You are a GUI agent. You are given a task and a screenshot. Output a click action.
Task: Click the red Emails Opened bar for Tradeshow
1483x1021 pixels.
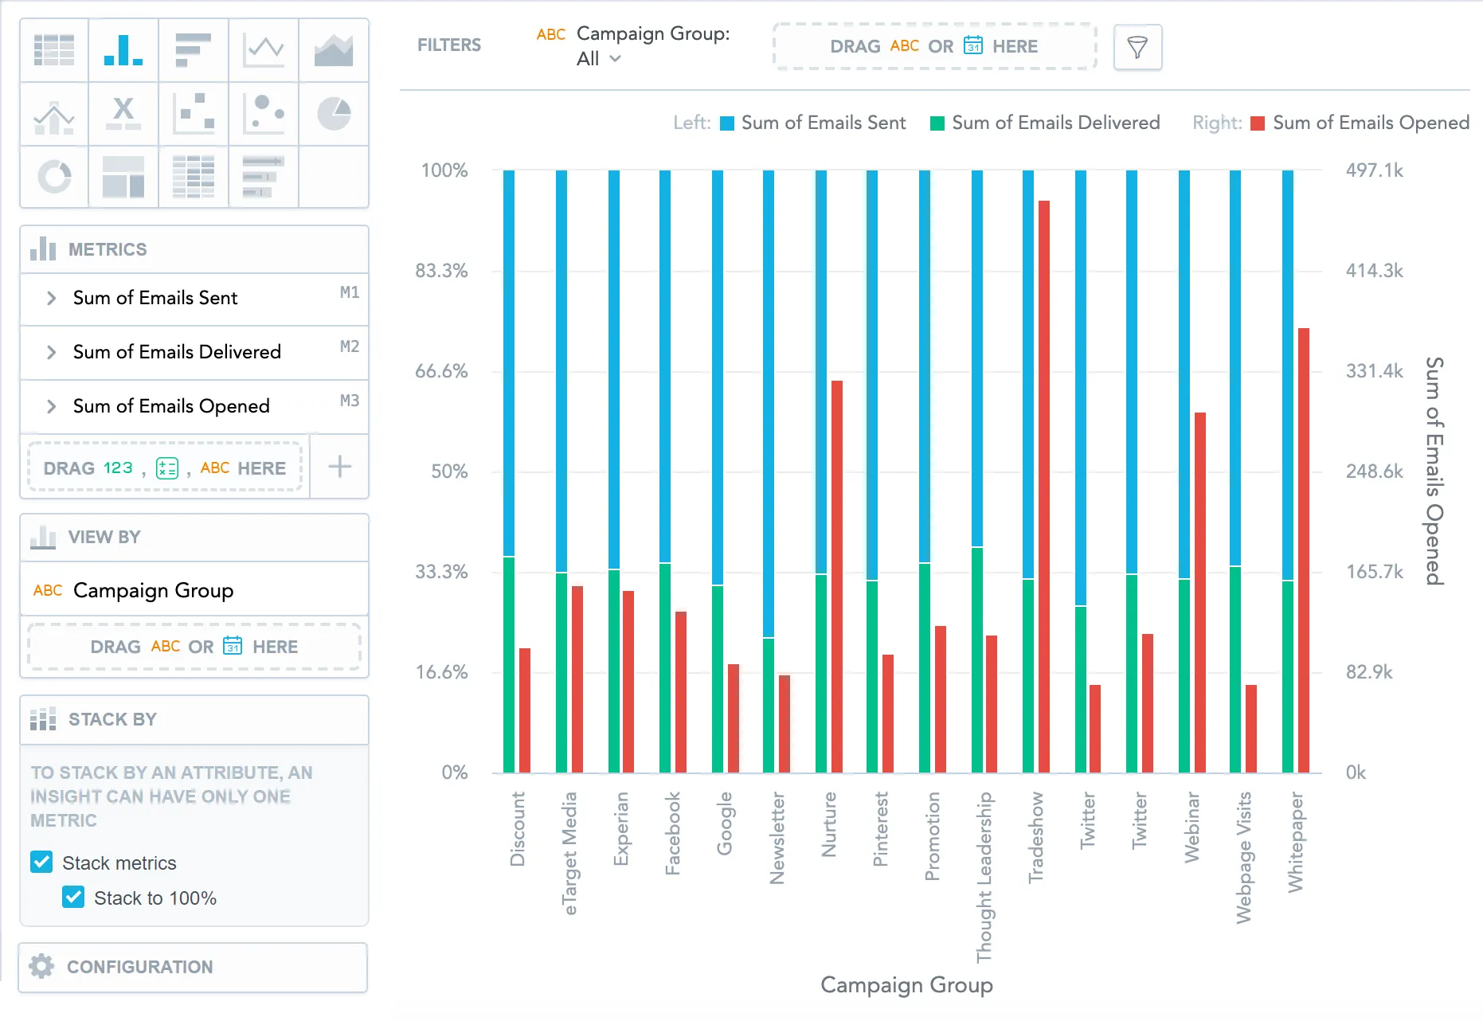tap(1043, 486)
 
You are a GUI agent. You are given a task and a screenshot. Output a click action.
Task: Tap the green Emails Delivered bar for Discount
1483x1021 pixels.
tap(509, 664)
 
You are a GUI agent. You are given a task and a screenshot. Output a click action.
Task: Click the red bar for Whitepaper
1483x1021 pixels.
tap(1303, 550)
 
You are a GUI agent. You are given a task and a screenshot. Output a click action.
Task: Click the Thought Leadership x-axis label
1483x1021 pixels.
tap(984, 876)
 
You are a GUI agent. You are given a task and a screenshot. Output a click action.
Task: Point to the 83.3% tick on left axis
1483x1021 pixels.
tap(441, 271)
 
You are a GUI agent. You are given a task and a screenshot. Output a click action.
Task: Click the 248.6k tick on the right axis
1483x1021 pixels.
tap(1374, 471)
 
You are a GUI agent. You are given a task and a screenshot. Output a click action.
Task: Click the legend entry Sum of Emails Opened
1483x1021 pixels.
tap(1370, 123)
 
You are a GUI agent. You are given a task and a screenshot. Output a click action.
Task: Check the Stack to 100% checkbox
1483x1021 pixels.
tap(73, 898)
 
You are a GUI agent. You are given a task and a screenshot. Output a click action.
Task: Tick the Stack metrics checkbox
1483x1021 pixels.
tap(41, 863)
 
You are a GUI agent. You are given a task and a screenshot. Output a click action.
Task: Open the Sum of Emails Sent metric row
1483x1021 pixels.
tap(155, 298)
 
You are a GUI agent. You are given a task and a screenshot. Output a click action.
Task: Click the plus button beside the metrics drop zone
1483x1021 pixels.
tap(340, 467)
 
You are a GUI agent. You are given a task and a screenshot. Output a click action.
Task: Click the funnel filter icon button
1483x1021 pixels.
tap(1137, 47)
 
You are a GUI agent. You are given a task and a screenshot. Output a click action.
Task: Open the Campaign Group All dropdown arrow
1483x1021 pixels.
tap(615, 59)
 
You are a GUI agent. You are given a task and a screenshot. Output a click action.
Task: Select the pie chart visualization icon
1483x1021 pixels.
tap(334, 113)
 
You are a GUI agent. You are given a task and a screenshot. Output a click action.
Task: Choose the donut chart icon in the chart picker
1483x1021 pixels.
tap(54, 176)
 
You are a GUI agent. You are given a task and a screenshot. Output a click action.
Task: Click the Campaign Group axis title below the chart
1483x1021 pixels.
tap(906, 985)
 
